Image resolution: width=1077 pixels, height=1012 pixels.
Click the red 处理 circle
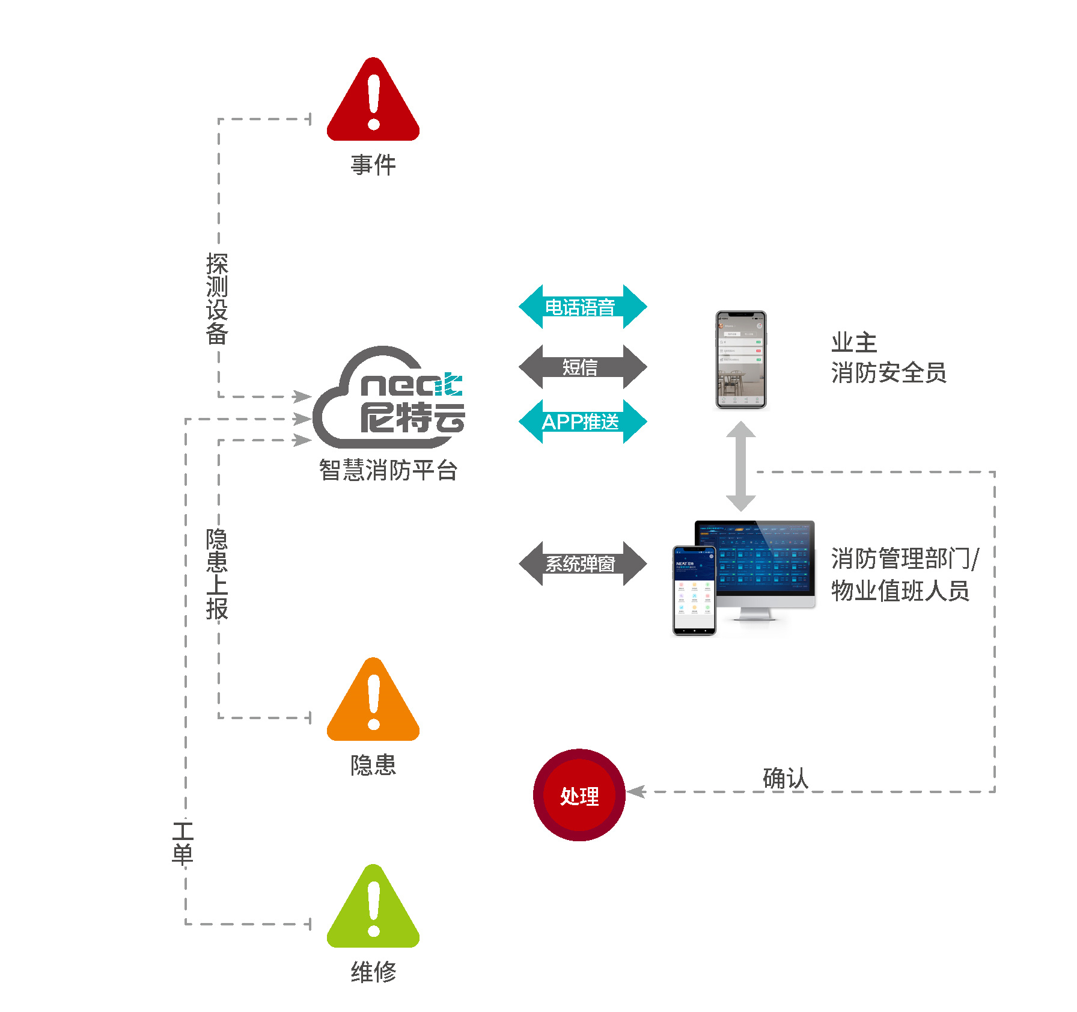tap(579, 795)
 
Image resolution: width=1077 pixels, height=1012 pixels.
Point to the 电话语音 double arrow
tap(582, 307)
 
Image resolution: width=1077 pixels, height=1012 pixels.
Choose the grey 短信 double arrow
tap(582, 367)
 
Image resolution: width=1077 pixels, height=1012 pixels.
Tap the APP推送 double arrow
tap(582, 422)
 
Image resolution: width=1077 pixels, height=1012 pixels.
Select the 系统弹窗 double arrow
tap(582, 563)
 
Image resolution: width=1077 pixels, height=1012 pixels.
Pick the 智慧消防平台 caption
tap(388, 470)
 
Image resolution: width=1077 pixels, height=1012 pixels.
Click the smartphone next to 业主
tap(740, 360)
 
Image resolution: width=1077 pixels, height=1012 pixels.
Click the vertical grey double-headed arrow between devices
tap(740, 466)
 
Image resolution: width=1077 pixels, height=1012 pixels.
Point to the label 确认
tap(785, 778)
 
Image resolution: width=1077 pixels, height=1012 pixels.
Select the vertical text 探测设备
tap(217, 299)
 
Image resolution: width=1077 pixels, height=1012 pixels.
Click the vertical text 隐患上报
tap(217, 574)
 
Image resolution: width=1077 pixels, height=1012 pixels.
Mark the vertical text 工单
tap(183, 843)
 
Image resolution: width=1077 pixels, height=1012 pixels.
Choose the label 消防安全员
tap(888, 373)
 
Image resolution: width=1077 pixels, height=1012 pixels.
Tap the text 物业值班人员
tap(900, 591)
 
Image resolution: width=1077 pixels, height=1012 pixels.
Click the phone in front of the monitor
tap(694, 590)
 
